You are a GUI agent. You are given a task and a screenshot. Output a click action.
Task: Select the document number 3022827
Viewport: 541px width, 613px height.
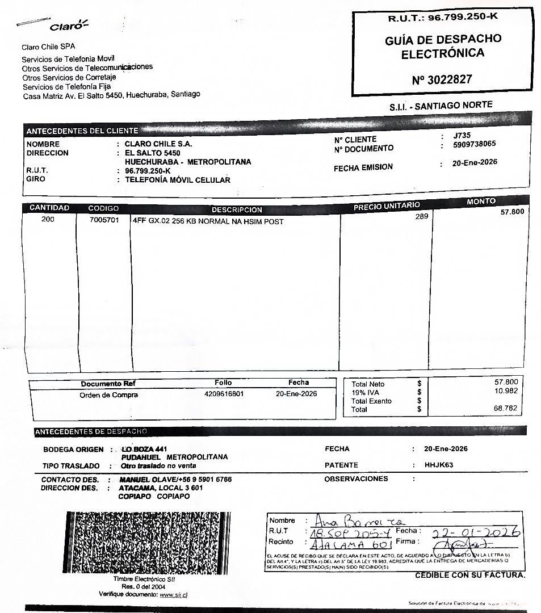(x=442, y=79)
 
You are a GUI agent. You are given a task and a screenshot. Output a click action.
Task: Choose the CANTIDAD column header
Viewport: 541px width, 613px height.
(x=49, y=208)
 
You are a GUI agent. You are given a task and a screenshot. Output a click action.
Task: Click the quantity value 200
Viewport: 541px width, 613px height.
(x=48, y=219)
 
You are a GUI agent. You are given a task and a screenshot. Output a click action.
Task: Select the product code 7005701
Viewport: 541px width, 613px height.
(x=104, y=220)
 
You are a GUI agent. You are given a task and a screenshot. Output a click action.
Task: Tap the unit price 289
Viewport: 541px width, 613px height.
(x=422, y=216)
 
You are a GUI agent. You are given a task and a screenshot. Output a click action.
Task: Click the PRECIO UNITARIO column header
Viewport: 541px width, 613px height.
(x=386, y=206)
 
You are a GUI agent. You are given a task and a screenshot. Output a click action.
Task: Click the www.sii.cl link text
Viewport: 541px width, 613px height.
(x=174, y=594)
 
